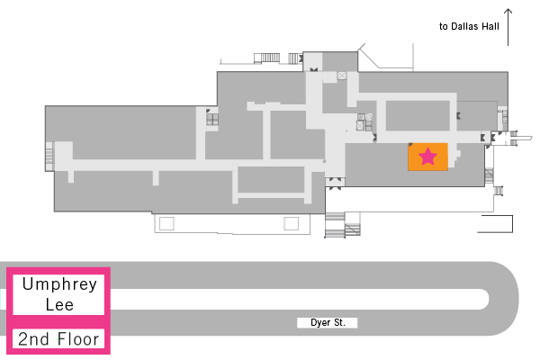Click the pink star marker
pyautogui.click(x=427, y=157)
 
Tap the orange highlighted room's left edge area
pyautogui.click(x=410, y=157)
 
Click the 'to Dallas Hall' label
pyautogui.click(x=469, y=26)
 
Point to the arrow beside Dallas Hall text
pyautogui.click(x=508, y=27)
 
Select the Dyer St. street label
pyautogui.click(x=328, y=322)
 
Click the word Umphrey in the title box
pyautogui.click(x=59, y=284)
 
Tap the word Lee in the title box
pyautogui.click(x=59, y=305)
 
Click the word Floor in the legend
pyautogui.click(x=78, y=339)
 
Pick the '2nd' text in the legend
pyautogui.click(x=33, y=339)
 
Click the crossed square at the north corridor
pyautogui.click(x=342, y=76)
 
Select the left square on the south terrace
pyautogui.click(x=166, y=223)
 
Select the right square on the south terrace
pyautogui.click(x=291, y=223)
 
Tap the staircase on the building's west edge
pyautogui.click(x=49, y=157)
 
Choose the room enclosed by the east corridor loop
pyautogui.click(x=418, y=115)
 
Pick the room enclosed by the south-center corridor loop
pyautogui.click(x=271, y=179)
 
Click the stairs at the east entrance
pyautogui.click(x=514, y=138)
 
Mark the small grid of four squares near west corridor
pyautogui.click(x=212, y=119)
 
